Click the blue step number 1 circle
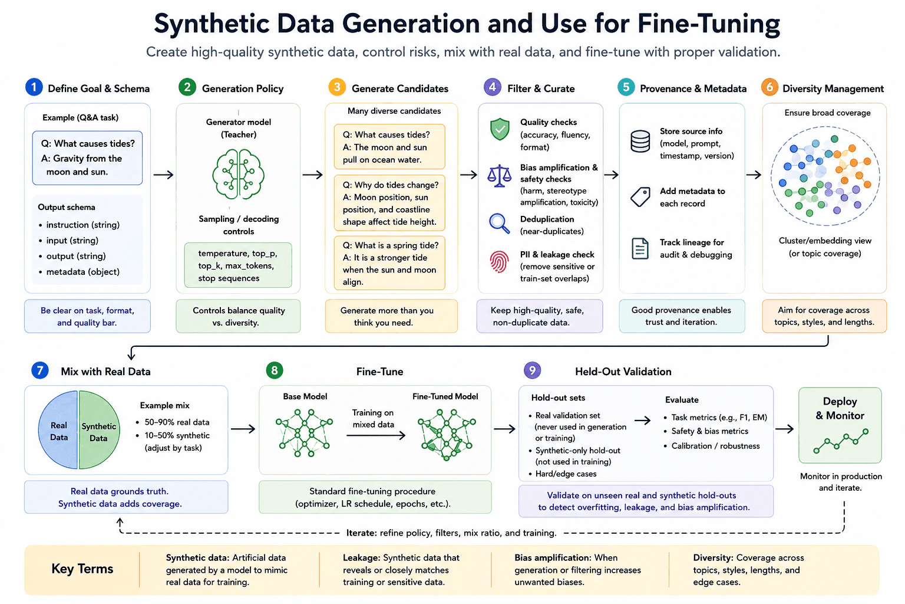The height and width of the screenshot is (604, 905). pyautogui.click(x=34, y=87)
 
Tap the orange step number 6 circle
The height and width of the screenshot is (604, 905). pyautogui.click(x=769, y=87)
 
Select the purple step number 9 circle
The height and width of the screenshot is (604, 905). pyautogui.click(x=532, y=370)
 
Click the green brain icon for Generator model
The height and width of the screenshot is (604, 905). pyautogui.click(x=239, y=174)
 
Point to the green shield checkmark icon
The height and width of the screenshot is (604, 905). pyautogui.click(x=500, y=129)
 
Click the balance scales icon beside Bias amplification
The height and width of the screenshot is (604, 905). pyautogui.click(x=500, y=176)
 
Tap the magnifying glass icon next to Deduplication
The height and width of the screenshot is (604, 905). pyautogui.click(x=500, y=224)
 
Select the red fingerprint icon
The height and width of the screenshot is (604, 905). pyautogui.click(x=500, y=262)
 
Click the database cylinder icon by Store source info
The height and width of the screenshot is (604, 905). pyautogui.click(x=640, y=141)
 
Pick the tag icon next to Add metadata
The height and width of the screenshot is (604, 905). pyautogui.click(x=640, y=197)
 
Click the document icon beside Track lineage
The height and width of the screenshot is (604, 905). pyautogui.click(x=640, y=248)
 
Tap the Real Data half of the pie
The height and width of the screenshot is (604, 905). pyautogui.click(x=58, y=429)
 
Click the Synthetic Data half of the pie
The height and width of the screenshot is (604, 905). pyautogui.click(x=99, y=429)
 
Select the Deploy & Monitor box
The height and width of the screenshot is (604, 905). pyautogui.click(x=840, y=425)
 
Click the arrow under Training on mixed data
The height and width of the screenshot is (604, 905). pyautogui.click(x=376, y=435)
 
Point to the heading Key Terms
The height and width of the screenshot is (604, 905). pyautogui.click(x=82, y=569)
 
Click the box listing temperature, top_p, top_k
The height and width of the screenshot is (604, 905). pyautogui.click(x=238, y=265)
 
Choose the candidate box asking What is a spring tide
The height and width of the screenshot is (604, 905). pyautogui.click(x=389, y=263)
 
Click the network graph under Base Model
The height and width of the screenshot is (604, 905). pyautogui.click(x=304, y=433)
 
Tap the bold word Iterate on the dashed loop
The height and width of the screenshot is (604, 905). pyautogui.click(x=361, y=533)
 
